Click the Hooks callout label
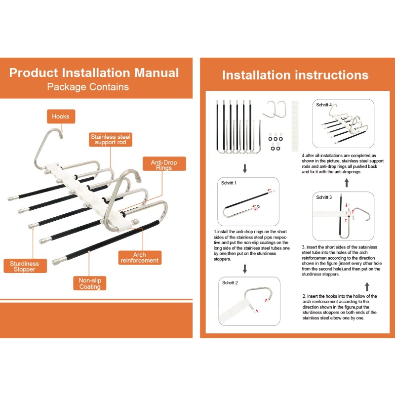[61, 117]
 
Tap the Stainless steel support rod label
[110, 140]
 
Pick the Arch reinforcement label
[140, 257]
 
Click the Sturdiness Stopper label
[25, 266]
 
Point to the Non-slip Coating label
[90, 283]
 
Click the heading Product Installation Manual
[94, 73]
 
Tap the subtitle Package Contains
[88, 87]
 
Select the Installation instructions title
[295, 75]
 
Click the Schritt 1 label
[229, 183]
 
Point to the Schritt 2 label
[230, 282]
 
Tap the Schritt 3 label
[324, 197]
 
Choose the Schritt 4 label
[324, 105]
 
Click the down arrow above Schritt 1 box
[244, 168]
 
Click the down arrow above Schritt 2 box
[244, 269]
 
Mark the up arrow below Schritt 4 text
[347, 183]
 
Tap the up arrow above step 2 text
[367, 287]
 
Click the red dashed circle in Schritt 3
[349, 214]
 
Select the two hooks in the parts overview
[275, 110]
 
